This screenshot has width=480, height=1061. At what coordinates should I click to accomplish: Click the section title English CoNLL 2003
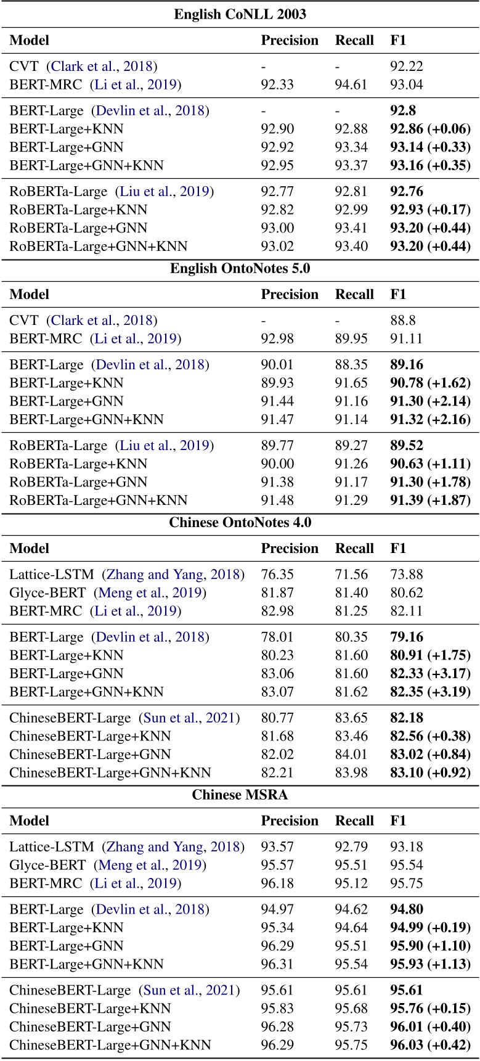[240, 14]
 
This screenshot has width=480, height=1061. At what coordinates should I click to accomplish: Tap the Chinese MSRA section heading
[240, 795]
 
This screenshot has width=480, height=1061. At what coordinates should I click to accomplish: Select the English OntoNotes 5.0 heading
[240, 268]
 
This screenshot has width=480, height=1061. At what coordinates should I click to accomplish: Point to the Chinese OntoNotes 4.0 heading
[240, 523]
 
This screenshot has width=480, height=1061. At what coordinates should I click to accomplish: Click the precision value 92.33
[277, 84]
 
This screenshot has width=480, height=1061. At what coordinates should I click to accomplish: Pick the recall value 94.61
[351, 84]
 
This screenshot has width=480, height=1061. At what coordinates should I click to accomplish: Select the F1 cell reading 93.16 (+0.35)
[430, 165]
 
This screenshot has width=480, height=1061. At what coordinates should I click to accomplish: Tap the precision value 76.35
[277, 575]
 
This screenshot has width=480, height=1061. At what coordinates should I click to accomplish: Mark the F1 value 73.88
[407, 575]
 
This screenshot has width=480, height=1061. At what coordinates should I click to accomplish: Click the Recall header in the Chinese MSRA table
[354, 821]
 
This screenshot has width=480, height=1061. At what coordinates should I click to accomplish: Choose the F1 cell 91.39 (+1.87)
[430, 500]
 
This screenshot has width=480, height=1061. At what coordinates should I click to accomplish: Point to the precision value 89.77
[277, 445]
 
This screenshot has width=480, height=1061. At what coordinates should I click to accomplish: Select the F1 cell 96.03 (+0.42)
[430, 1045]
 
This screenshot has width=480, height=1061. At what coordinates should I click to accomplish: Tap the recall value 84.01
[351, 754]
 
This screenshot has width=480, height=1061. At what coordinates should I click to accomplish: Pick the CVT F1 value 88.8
[402, 320]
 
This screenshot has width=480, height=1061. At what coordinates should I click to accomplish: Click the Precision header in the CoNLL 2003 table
[290, 40]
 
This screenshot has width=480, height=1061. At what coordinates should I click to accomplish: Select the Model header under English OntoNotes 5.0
[30, 294]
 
